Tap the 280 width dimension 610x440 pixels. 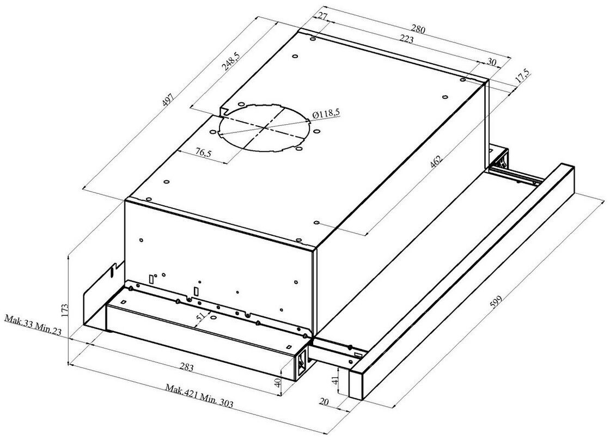418,29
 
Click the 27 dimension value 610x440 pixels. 322,17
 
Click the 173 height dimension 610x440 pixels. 65,310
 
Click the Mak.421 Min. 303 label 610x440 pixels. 200,395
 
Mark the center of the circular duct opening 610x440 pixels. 265,127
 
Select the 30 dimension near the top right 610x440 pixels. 491,63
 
